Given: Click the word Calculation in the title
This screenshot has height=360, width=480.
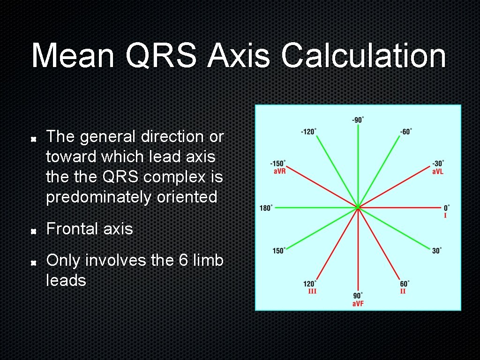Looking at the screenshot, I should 363,56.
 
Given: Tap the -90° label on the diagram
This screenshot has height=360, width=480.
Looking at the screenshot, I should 358,120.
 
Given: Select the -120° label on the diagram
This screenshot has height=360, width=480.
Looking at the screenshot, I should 308,132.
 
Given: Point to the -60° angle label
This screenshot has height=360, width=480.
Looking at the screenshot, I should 406,132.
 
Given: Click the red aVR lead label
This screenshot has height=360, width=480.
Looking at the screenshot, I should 279,171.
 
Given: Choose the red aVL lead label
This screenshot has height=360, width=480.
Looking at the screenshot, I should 438,172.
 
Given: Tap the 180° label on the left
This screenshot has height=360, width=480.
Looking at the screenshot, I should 266,208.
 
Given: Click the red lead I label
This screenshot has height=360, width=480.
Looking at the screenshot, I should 445,216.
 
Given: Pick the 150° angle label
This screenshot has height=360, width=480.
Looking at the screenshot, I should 279,251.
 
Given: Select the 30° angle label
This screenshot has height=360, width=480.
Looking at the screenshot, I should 437,251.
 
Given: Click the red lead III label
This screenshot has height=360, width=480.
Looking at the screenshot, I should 312,291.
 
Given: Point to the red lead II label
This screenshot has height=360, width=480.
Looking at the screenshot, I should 403,291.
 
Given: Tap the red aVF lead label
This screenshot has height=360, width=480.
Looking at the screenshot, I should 358,304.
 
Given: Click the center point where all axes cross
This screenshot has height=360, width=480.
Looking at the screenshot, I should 358,207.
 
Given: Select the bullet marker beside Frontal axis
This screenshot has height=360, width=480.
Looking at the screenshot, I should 34,231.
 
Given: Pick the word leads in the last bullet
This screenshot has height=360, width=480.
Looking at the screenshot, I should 66,280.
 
